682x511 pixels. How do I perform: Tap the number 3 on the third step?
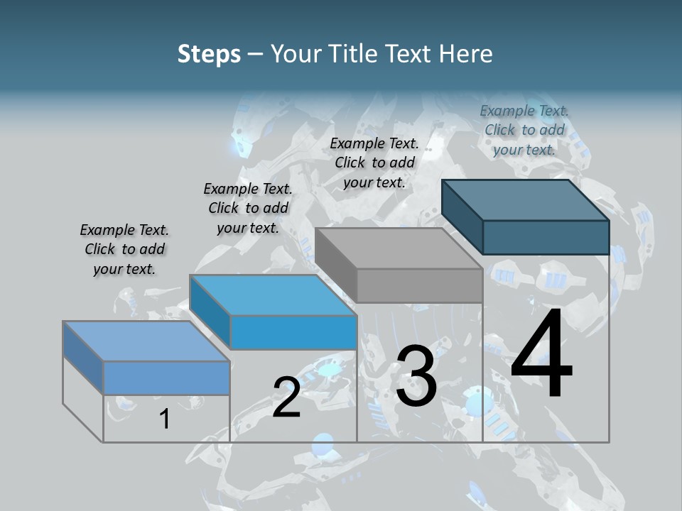[416, 377]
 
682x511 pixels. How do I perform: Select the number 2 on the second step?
[286, 397]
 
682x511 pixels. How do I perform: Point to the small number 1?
[164, 419]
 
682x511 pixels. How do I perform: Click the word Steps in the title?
[209, 54]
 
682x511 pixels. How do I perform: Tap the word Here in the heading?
[466, 54]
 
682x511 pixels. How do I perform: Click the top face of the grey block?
[398, 248]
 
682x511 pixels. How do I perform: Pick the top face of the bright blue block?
[274, 295]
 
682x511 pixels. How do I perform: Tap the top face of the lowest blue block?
[146, 341]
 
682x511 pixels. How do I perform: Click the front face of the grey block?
[419, 286]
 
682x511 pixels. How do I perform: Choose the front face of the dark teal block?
[546, 237]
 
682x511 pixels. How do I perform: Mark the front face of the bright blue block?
[293, 332]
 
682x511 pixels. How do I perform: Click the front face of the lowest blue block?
[166, 378]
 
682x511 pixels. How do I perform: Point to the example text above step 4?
[524, 130]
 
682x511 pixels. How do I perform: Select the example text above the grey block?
[374, 163]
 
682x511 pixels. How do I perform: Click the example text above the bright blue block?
[248, 208]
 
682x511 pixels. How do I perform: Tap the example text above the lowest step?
[124, 249]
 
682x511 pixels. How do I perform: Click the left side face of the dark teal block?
[462, 216]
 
